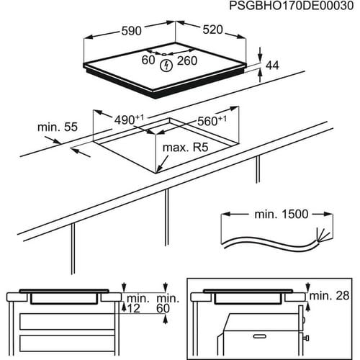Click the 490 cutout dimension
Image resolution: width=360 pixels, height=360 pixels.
pos(125,118)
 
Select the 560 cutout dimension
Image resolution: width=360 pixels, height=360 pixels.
pos(210,120)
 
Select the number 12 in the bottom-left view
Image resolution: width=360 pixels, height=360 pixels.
pos(134,308)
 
